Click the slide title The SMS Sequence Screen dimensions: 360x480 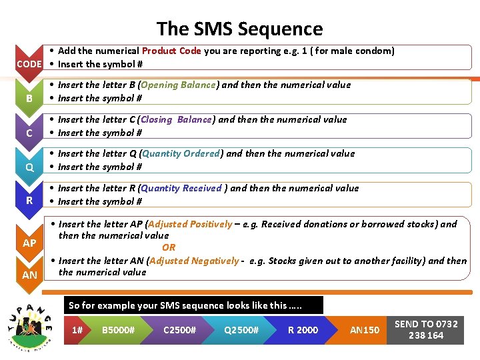point(239,29)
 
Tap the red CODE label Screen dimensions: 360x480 point(29,64)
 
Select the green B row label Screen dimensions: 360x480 point(29,99)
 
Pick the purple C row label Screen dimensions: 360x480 point(29,133)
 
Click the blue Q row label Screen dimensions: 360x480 point(29,167)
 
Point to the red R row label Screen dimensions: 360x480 point(29,201)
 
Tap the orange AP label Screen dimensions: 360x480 point(29,243)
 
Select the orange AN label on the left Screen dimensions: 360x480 point(29,275)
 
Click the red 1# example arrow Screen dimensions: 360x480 point(78,330)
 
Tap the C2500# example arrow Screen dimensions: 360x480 point(179,330)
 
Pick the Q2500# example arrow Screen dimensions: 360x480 point(241,330)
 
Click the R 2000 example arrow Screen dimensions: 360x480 point(303,330)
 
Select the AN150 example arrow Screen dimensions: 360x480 point(364,330)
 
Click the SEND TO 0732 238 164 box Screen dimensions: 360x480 point(426,329)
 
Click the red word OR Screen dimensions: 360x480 point(169,247)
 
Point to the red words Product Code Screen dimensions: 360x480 point(171,51)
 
